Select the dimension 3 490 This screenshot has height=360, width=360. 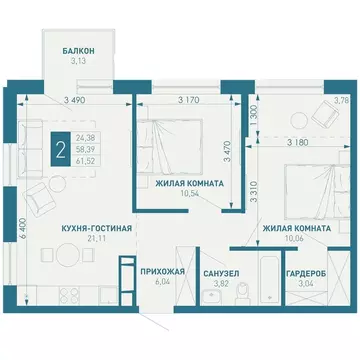click(73, 99)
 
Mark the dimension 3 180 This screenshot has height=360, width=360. click(297, 142)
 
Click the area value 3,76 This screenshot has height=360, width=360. click(340, 99)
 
